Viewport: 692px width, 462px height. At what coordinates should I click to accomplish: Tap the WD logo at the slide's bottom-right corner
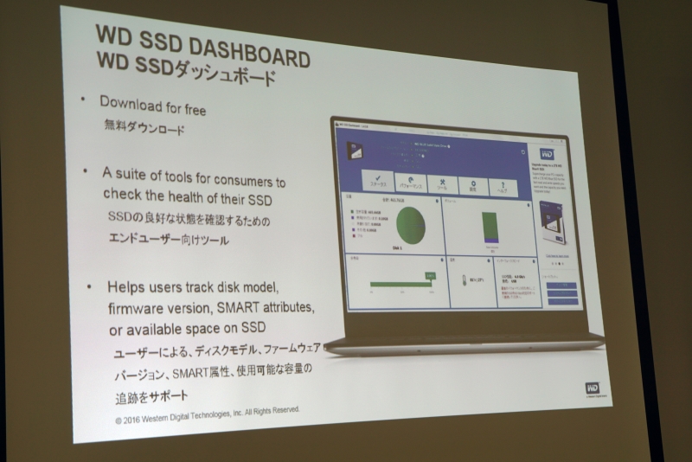pos(593,388)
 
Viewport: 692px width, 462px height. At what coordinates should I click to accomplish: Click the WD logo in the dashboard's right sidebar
pos(548,154)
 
